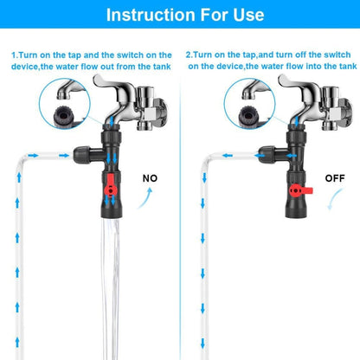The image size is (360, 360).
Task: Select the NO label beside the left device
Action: pos(151,178)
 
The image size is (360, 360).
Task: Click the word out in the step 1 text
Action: pos(112,65)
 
